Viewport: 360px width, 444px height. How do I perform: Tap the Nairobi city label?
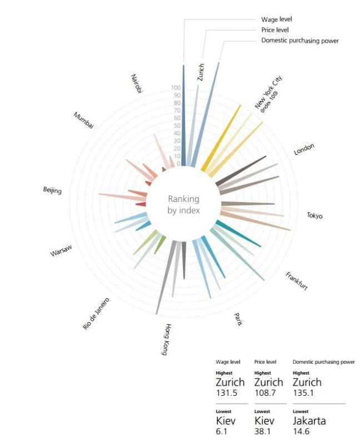point(137,83)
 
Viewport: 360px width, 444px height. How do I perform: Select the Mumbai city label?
point(83,120)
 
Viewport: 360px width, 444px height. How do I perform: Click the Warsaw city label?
point(61,251)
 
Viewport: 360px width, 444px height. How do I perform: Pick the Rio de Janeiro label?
point(96,314)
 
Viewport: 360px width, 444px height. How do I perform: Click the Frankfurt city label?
point(297,281)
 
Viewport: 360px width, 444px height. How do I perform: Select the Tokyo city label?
point(314,216)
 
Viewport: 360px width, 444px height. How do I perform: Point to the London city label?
point(304,149)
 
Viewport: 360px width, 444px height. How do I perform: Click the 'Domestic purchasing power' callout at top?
point(299,41)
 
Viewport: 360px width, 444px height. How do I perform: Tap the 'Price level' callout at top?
point(274,30)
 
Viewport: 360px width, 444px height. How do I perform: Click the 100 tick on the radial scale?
point(176,88)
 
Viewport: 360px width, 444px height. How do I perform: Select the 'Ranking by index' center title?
point(183,205)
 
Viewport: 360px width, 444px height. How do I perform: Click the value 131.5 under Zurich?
point(226,393)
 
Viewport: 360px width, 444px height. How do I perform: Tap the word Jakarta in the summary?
point(309,421)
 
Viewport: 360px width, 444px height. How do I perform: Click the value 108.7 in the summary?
point(264,393)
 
